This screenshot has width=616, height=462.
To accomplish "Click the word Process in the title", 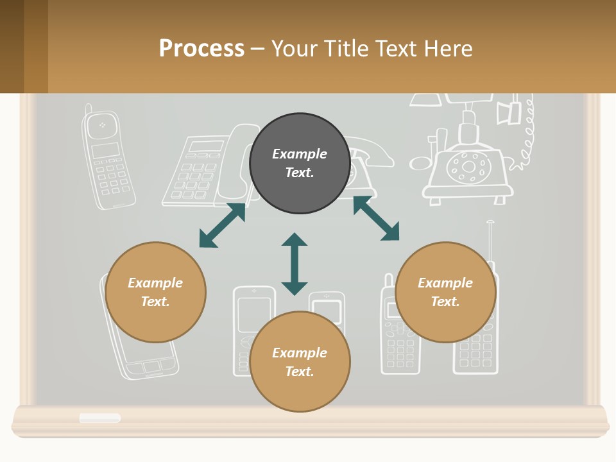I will click(201, 48).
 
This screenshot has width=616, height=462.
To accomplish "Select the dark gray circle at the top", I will click(300, 164).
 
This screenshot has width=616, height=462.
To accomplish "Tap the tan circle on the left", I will click(155, 292).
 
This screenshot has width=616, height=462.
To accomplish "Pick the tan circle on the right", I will click(445, 292).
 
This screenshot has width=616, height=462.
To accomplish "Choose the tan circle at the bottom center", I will click(300, 362).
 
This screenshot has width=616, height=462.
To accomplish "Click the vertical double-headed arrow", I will click(295, 264).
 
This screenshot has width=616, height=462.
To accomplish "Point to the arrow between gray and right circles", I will click(376, 219).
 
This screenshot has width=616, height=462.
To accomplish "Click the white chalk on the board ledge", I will click(100, 418).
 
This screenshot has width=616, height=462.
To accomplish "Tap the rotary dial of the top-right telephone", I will click(469, 167).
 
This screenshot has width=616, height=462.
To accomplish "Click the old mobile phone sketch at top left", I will click(108, 160).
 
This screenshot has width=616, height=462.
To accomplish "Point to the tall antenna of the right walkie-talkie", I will click(490, 241).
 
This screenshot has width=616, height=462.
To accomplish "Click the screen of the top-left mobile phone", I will click(105, 151).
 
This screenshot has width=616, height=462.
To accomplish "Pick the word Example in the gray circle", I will click(300, 154).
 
